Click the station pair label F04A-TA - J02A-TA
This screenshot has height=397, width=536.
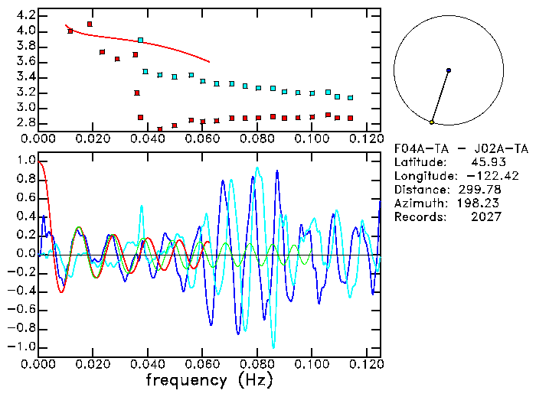(x=461, y=148)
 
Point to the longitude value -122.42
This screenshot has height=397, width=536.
(x=481, y=176)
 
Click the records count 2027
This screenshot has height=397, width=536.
(x=487, y=217)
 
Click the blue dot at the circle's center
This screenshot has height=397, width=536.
(x=448, y=70)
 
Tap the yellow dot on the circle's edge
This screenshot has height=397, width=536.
(x=432, y=122)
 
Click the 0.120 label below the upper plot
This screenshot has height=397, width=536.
(x=367, y=138)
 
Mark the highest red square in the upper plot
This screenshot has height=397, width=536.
(x=90, y=24)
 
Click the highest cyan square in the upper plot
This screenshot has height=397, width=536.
(x=140, y=40)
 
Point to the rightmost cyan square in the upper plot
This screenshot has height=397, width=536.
(x=350, y=98)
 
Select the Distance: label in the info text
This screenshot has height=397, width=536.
(x=421, y=190)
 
